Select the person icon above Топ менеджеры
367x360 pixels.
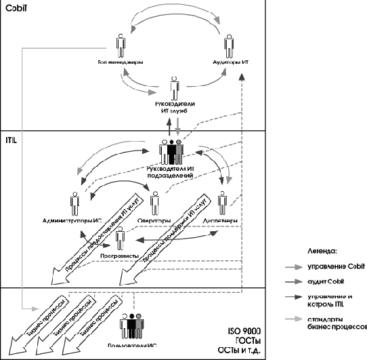pyautogui.click(x=121, y=47)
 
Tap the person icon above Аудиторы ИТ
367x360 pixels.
pyautogui.click(x=230, y=47)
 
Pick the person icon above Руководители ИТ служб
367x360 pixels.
pyautogui.click(x=175, y=87)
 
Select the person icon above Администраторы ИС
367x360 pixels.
pyautogui.click(x=75, y=203)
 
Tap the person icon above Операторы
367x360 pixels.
pyautogui.click(x=155, y=203)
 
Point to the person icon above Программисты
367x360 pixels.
pyautogui.click(x=120, y=239)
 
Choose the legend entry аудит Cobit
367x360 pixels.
pyautogui.click(x=324, y=281)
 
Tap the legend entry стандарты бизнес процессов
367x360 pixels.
pyautogui.click(x=336, y=321)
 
